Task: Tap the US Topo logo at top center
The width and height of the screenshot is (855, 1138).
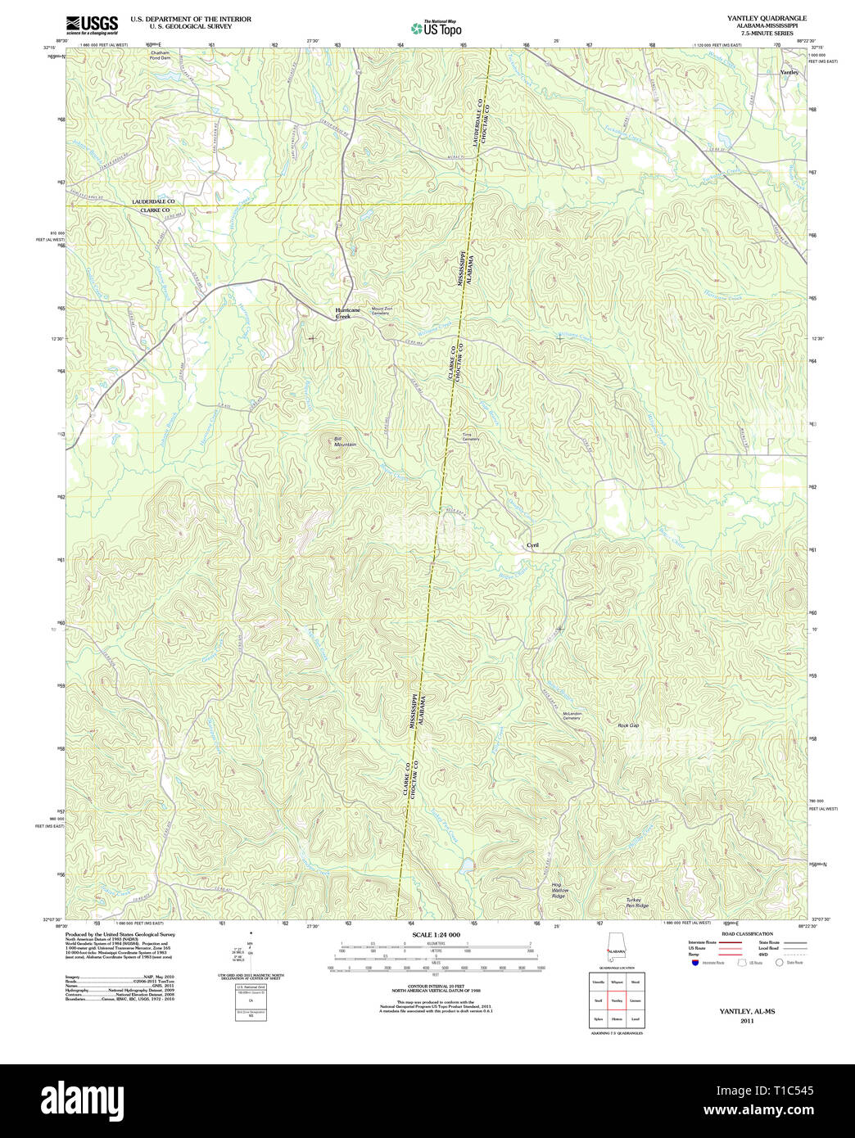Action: (x=437, y=28)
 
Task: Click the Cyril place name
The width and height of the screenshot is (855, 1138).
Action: (x=532, y=545)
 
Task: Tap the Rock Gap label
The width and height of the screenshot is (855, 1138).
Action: (x=628, y=725)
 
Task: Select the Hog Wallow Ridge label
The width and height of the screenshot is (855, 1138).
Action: (x=559, y=891)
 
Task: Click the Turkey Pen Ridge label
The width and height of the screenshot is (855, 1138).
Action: (x=637, y=903)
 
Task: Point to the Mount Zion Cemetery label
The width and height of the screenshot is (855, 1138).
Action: (x=382, y=311)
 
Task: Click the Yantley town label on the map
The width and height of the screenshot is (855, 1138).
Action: (x=789, y=72)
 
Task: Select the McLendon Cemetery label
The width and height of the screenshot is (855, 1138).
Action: (x=572, y=716)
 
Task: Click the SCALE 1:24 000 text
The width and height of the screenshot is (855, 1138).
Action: (x=436, y=935)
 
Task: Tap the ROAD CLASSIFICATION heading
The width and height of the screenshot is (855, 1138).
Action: (x=746, y=934)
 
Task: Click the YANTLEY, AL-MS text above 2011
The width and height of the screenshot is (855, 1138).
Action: (x=746, y=1011)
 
